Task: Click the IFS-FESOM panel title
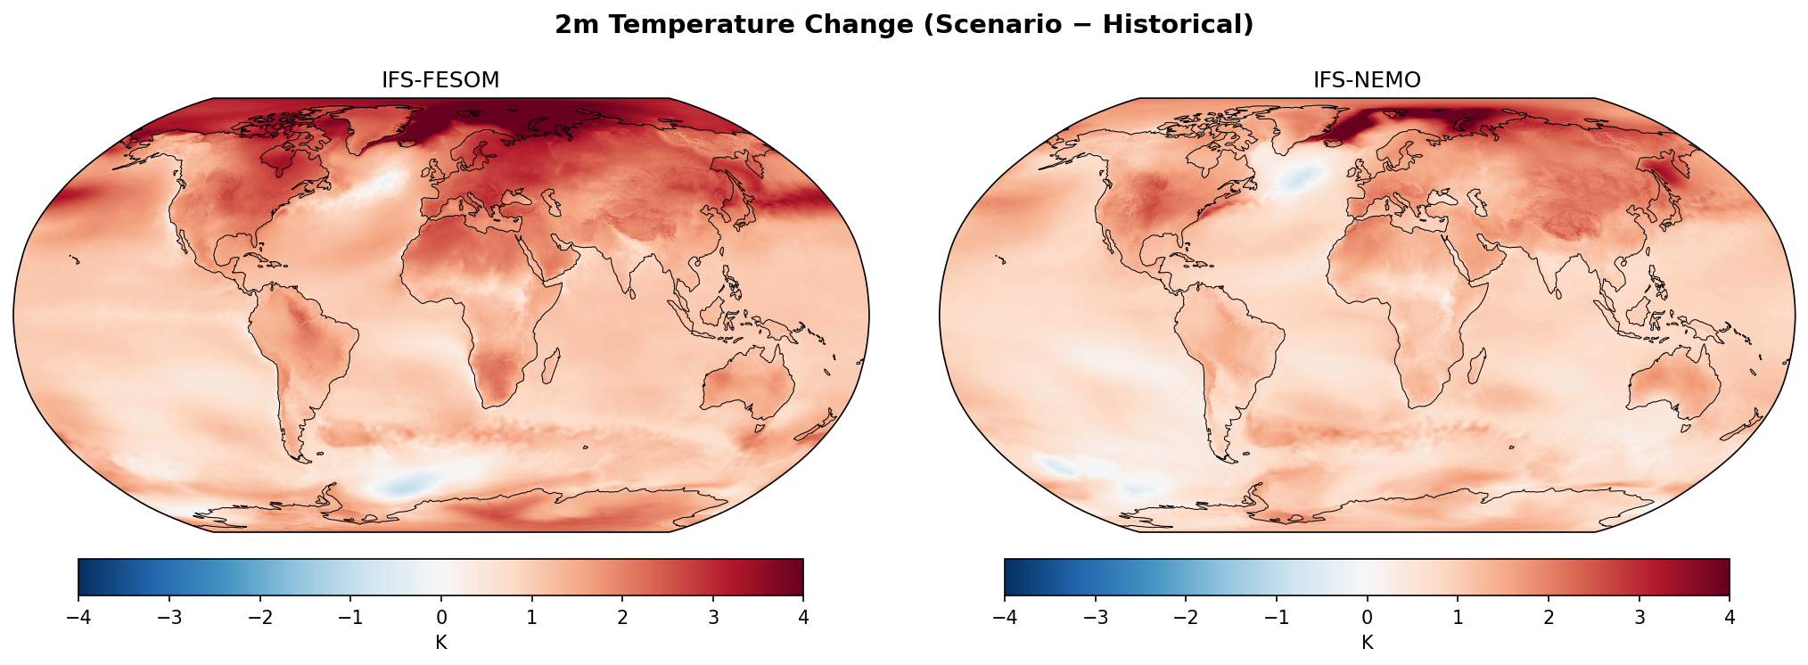pos(440,80)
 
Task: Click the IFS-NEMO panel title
pos(1367,80)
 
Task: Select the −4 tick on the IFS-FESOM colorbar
pos(78,618)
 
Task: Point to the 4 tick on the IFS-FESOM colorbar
pos(803,618)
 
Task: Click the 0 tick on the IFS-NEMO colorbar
pos(1367,618)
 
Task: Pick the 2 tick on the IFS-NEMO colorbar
pos(1549,618)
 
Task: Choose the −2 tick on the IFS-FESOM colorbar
pos(259,618)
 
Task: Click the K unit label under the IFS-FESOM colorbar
pos(440,643)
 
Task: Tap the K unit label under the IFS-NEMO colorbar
pos(1367,643)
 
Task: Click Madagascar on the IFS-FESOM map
pos(551,366)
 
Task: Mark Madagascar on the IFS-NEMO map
pos(1477,366)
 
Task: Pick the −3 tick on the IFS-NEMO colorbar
pos(1095,618)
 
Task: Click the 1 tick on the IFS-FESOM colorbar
pos(531,618)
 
